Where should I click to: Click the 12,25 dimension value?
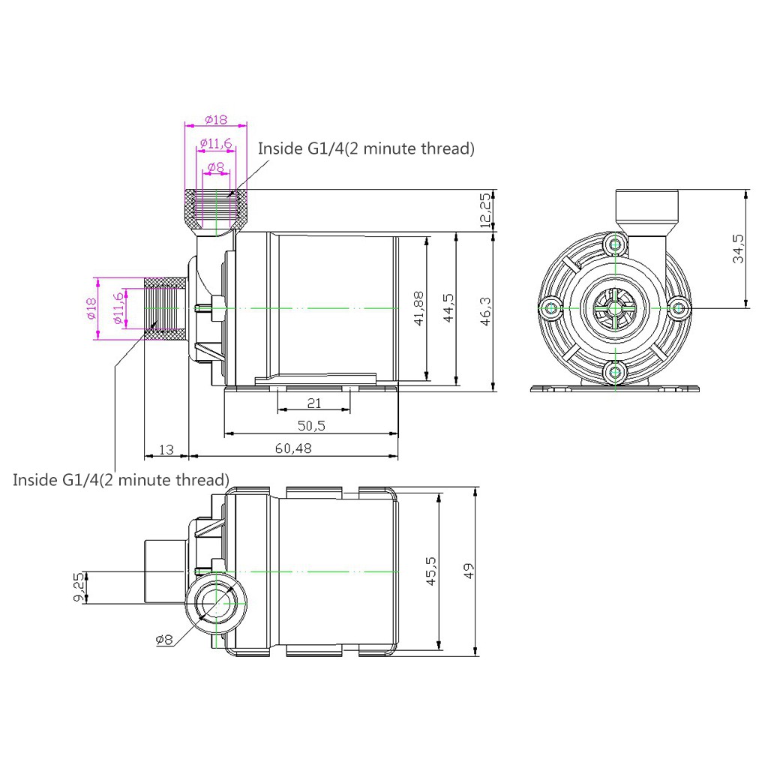point(485,211)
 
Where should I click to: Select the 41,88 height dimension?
point(418,308)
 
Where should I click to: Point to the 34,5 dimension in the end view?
point(738,249)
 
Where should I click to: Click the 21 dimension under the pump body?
point(314,403)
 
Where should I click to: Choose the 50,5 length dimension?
point(311,426)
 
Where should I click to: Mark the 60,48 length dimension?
point(293,448)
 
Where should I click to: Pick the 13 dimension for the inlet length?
point(166,450)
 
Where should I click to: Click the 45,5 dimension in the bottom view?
point(431,571)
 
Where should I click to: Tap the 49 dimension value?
point(469,571)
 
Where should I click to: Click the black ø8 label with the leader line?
point(164,639)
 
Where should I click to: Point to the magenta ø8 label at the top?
point(215,167)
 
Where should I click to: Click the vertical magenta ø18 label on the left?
point(91,308)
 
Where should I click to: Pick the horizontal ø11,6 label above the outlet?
point(215,143)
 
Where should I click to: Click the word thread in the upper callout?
point(445,148)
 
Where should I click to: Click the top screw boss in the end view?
point(615,244)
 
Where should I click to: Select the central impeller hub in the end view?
point(614,308)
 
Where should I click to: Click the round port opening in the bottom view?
point(215,604)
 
